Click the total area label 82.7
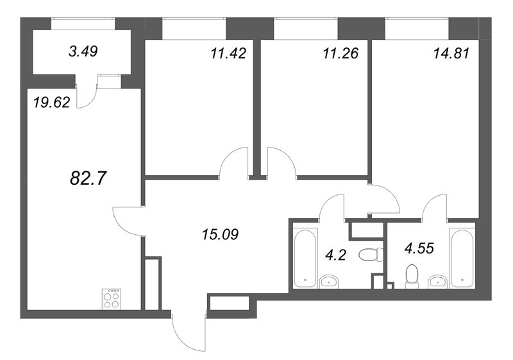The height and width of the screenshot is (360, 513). coord(87,178)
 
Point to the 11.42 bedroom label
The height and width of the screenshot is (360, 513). coord(228,53)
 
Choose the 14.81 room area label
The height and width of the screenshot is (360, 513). coord(452,54)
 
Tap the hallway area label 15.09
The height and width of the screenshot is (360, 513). coord(220,234)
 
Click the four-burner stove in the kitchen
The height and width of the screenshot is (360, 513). coord(111,298)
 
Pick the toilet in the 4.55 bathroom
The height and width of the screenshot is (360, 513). coord(412,275)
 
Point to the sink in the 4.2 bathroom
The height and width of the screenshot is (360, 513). coord(330,280)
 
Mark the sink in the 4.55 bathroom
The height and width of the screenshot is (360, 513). coord(438,280)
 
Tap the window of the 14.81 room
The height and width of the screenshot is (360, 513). coord(416,28)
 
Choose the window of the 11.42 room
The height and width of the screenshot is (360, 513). coord(194,28)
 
